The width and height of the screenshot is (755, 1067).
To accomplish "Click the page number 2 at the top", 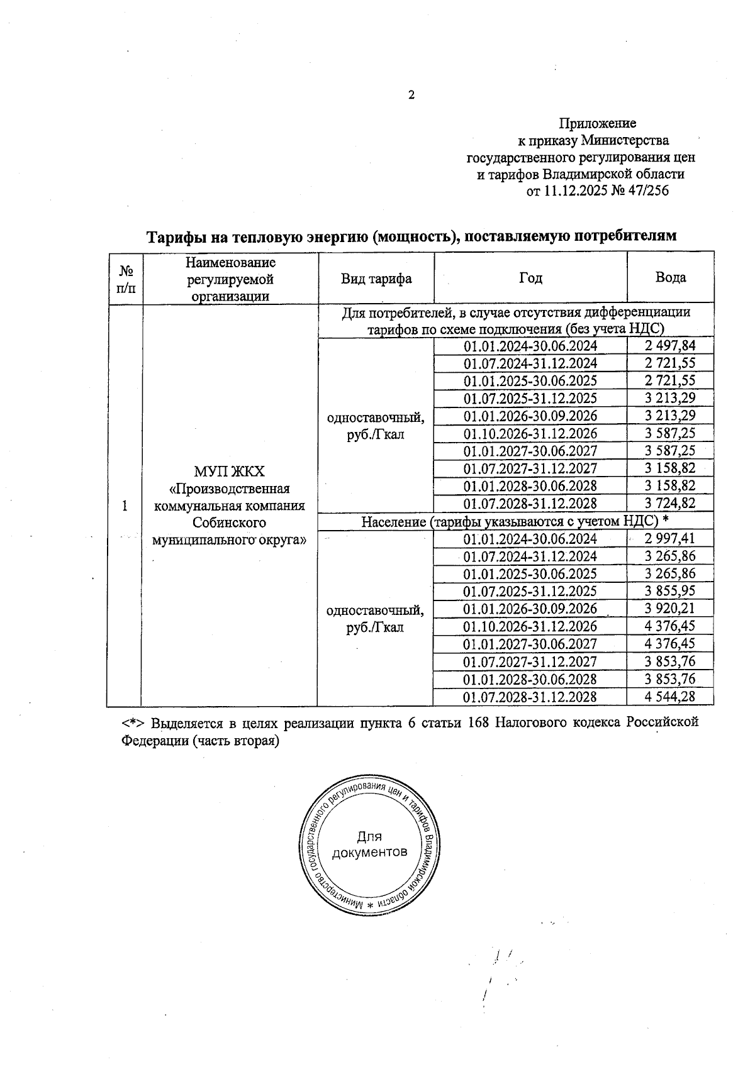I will tap(411, 96).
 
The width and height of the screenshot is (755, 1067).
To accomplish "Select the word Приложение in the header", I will tap(597, 123).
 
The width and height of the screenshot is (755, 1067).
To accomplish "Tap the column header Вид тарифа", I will tap(376, 279).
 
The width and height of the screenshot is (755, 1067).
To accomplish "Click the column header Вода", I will tap(670, 278).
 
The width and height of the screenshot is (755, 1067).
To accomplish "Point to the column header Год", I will tap(530, 279).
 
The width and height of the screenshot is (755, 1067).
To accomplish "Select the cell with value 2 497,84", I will tap(670, 345).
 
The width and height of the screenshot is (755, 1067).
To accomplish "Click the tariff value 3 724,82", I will tap(670, 504).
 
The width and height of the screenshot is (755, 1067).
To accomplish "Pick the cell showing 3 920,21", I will tap(670, 609).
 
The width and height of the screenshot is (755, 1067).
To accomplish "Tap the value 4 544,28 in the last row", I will tap(670, 697).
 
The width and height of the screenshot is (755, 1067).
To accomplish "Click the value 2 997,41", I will tap(670, 538).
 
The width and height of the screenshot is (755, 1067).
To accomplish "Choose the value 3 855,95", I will tap(670, 591).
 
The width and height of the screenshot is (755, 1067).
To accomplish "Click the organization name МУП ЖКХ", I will tap(230, 472).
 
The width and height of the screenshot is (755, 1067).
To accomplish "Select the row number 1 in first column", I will tap(125, 506).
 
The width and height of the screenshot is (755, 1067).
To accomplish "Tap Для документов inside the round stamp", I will tap(369, 844).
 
